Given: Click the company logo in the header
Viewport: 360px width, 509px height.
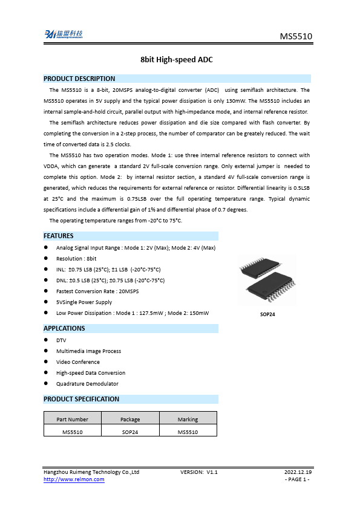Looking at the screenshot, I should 65,34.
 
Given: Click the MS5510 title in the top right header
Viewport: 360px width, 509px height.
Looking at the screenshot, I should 296,37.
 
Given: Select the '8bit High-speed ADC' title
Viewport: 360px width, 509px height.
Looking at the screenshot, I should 177,60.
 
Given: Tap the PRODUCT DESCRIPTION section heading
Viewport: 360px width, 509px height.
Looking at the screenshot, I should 79,79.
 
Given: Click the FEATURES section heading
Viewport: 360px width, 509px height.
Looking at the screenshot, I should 59,236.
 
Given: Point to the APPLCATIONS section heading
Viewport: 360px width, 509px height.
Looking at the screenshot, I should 64,328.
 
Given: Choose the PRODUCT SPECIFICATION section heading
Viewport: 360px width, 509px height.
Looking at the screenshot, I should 82,399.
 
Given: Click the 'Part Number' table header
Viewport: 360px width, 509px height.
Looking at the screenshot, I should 73,420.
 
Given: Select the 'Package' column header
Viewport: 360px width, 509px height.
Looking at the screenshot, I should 130,420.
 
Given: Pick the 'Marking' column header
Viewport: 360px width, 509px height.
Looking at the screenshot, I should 188,420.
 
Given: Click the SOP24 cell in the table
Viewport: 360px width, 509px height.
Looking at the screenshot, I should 130,432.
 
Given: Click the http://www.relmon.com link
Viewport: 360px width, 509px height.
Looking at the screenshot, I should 74,479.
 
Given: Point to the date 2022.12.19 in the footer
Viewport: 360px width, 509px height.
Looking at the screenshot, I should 298,472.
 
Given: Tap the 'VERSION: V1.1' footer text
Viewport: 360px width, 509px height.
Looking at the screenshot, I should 199,472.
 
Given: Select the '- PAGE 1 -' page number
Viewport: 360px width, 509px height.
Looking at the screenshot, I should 297,479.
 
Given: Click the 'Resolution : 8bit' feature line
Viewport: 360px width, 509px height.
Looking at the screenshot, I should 76,258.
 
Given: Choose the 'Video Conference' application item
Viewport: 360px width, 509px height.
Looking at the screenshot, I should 78,362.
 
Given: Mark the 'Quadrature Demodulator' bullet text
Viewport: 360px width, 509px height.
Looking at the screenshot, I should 87,384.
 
